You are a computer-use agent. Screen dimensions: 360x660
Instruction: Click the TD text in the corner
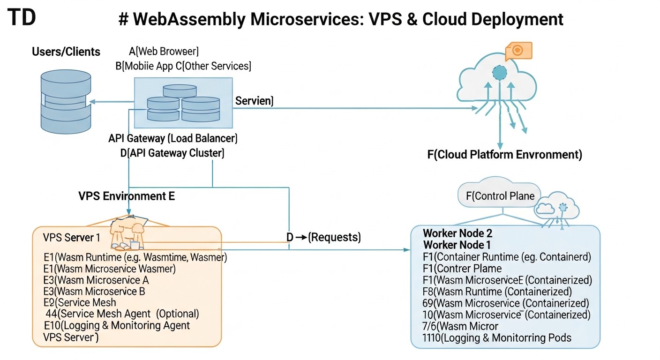22,17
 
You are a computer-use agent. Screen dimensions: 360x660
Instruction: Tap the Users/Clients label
66,52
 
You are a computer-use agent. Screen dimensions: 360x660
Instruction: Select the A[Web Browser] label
164,51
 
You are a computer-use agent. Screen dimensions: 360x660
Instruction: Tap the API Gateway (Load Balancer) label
173,138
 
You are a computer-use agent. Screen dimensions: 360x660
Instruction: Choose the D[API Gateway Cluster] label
172,153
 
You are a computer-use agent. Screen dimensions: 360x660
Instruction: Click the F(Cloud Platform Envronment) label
504,155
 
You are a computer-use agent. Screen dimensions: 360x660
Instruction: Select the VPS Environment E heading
127,196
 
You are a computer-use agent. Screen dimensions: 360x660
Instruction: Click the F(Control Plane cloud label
500,196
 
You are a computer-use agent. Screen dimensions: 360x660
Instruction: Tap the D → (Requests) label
323,237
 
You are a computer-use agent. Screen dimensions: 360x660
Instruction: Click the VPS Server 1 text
71,238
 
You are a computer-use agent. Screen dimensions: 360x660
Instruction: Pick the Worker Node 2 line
457,233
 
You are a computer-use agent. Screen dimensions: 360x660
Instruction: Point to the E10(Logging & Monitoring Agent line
116,325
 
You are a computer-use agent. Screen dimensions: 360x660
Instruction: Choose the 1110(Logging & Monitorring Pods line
496,337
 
